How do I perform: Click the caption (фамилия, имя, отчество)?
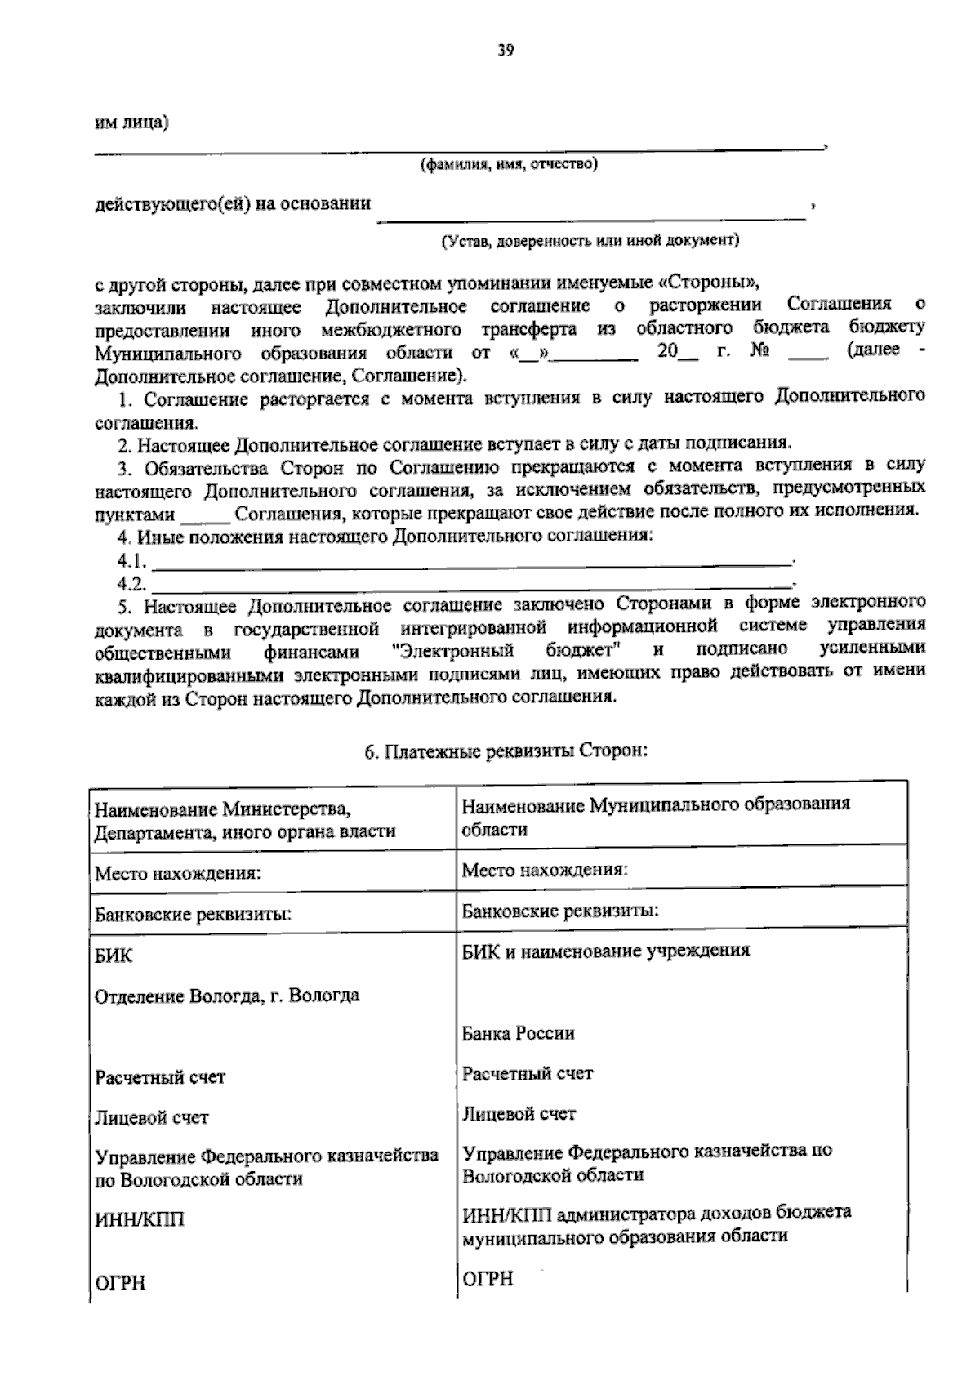click(x=509, y=165)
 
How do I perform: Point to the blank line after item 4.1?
click(x=472, y=562)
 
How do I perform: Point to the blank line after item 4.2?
click(x=472, y=585)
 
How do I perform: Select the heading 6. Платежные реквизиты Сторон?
click(x=506, y=750)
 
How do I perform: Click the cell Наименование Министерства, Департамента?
click(x=245, y=820)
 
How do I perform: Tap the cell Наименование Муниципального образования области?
click(x=655, y=815)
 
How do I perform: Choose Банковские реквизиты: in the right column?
click(x=560, y=910)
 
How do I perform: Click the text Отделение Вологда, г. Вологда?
click(x=227, y=996)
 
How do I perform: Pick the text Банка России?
click(x=518, y=1033)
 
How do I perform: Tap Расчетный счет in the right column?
click(x=528, y=1073)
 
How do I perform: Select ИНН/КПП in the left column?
click(x=140, y=1219)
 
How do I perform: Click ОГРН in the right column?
click(x=488, y=1278)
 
